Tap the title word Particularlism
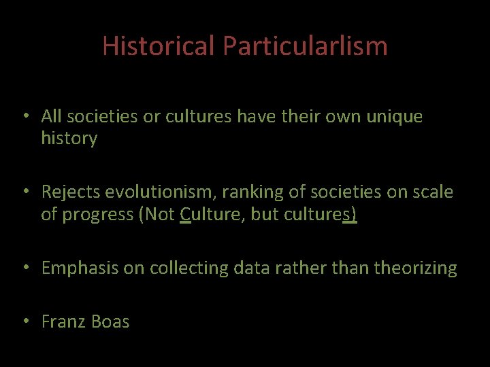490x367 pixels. pyautogui.click(x=305, y=46)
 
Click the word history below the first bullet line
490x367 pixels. pyautogui.click(x=69, y=139)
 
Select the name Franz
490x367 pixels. pyautogui.click(x=61, y=321)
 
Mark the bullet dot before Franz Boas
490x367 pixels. pyautogui.click(x=24, y=321)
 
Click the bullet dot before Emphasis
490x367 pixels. pyautogui.click(x=24, y=268)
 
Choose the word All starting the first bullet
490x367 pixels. pyautogui.click(x=52, y=117)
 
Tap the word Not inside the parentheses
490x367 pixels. pyautogui.click(x=161, y=214)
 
